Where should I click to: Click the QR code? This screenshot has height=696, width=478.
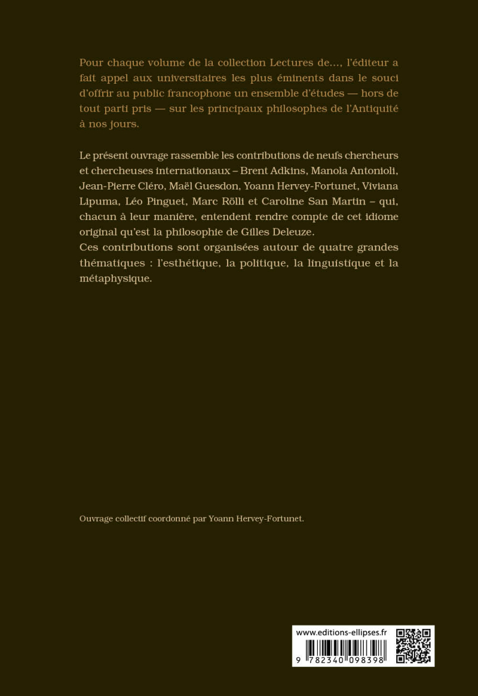point(414,645)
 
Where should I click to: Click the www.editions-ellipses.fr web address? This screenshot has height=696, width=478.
point(342,632)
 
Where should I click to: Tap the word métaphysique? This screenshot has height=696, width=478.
point(115,279)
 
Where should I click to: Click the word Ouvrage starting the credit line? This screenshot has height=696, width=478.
point(96,519)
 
